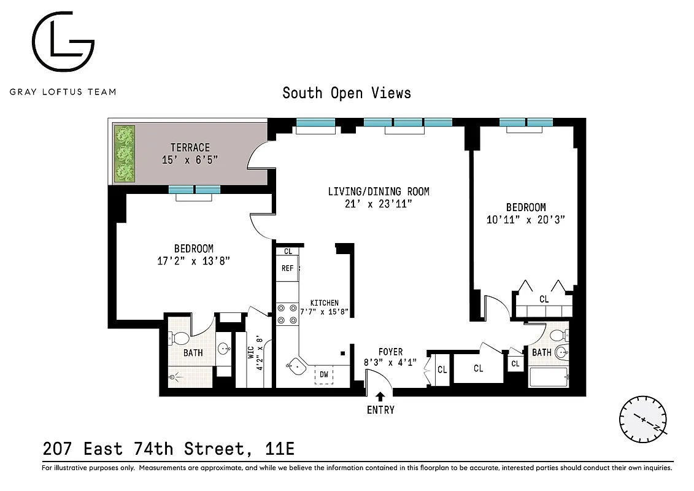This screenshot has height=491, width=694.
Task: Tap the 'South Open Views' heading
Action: tap(347, 93)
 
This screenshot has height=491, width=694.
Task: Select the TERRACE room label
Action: tap(190, 147)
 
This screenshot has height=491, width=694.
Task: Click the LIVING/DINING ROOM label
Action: tap(378, 191)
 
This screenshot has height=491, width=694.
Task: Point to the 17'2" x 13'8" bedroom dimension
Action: tap(194, 261)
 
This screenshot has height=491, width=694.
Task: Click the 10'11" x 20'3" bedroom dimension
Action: tap(525, 220)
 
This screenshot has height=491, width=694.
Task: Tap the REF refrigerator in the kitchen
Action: tap(287, 268)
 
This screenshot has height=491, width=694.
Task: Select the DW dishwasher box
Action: tap(323, 374)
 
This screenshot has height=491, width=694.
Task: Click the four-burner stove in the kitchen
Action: tap(286, 314)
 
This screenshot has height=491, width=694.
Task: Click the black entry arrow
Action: tap(380, 396)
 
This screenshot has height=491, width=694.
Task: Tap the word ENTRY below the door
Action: tap(380, 410)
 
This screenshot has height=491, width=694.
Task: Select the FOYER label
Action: tap(390, 352)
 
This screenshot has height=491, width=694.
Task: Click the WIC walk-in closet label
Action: tap(250, 356)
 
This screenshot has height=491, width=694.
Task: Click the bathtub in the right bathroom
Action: tap(549, 377)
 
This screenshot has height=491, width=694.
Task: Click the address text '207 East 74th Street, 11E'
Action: tap(169, 449)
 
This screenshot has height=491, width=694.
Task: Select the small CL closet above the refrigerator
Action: tap(288, 251)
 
